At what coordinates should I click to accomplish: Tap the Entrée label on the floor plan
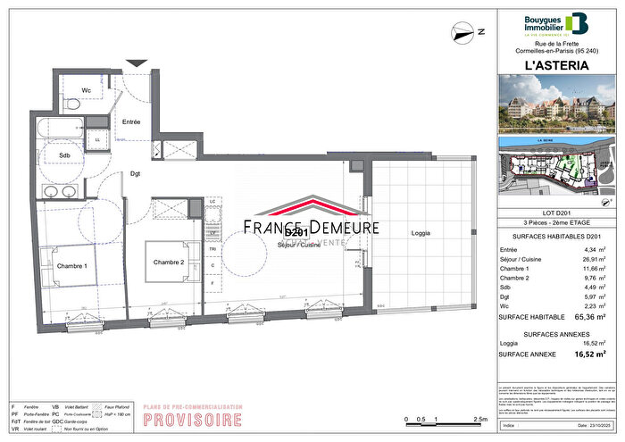click(131, 121)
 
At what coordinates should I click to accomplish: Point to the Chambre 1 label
click(71, 266)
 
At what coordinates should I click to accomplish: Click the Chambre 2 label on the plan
click(168, 262)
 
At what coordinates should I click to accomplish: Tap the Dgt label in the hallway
click(136, 173)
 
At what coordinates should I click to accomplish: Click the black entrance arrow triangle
click(137, 63)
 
